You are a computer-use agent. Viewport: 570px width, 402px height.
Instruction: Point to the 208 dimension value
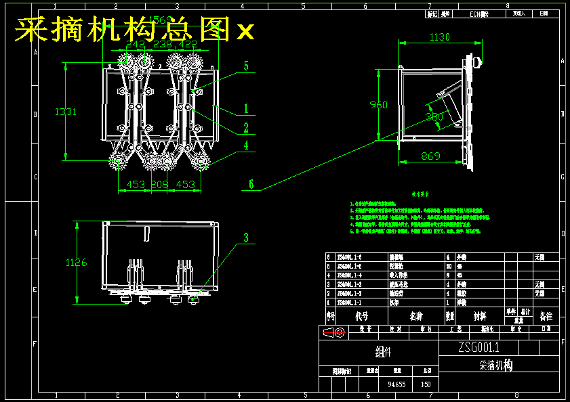[x=159, y=184]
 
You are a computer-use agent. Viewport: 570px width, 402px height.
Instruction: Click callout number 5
[x=246, y=66]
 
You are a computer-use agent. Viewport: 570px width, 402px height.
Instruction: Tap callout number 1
[x=246, y=108]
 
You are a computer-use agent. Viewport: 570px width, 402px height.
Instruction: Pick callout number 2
[x=246, y=127]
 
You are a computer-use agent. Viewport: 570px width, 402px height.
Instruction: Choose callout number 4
[x=246, y=145]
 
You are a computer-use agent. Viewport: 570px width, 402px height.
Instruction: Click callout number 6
[x=251, y=183]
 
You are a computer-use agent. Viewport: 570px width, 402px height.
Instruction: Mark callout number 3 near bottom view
[x=246, y=238]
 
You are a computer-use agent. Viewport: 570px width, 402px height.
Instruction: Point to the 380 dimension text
[x=434, y=116]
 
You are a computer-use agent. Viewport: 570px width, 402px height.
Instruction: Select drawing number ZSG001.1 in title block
[x=479, y=348]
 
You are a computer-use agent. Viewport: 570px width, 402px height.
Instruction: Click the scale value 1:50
[x=426, y=384]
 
